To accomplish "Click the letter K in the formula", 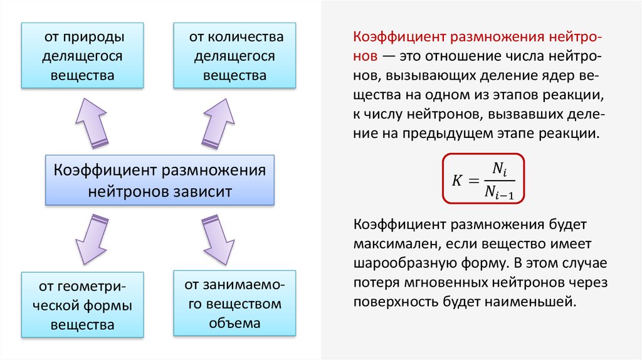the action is [456, 180].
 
